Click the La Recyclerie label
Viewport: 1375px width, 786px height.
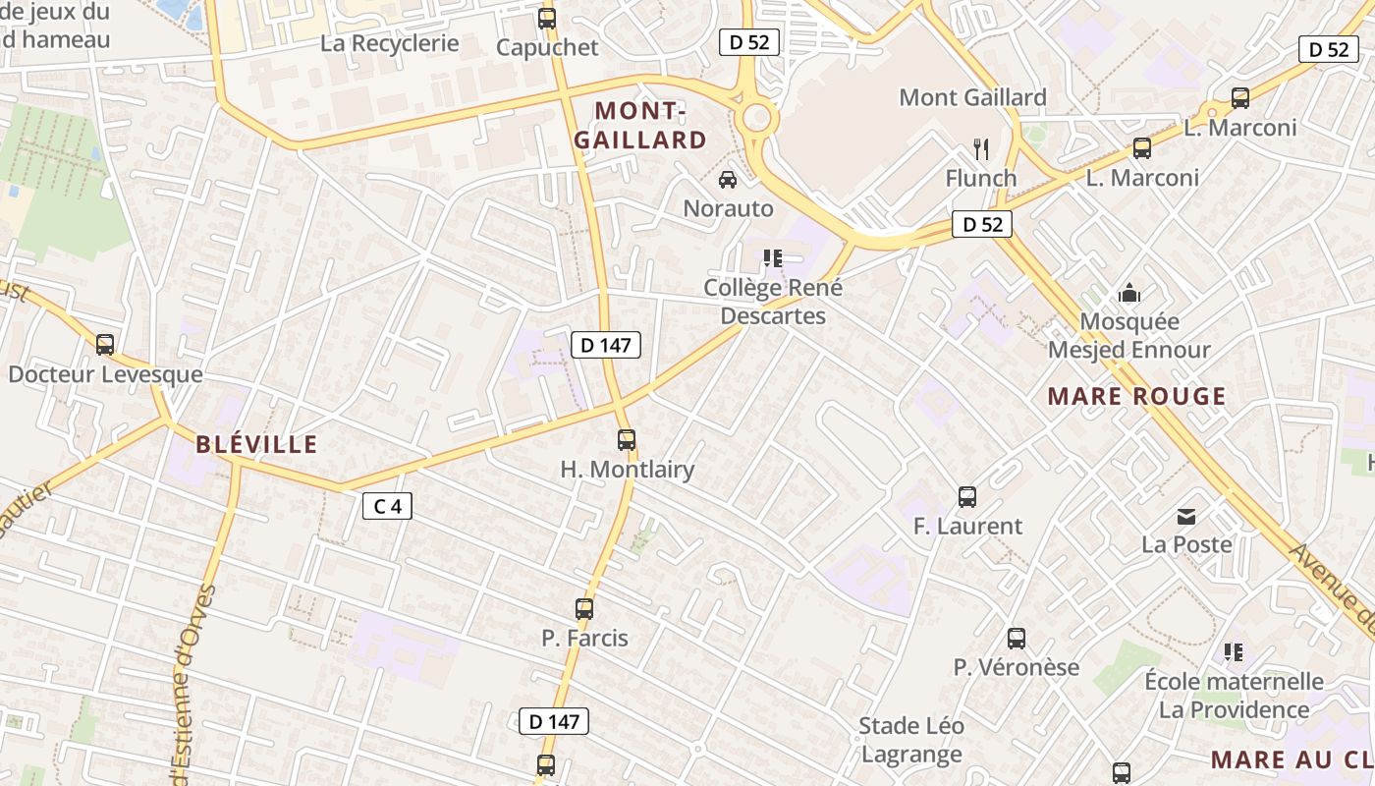[x=390, y=43]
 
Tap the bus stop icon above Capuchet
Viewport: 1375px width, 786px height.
[x=547, y=19]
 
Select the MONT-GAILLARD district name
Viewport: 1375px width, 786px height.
[x=639, y=125]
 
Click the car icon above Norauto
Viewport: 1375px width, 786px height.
[x=728, y=180]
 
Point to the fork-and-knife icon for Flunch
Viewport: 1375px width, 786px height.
[x=980, y=149]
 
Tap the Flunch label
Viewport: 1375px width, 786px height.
[x=980, y=178]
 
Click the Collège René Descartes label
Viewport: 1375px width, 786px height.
[x=773, y=302]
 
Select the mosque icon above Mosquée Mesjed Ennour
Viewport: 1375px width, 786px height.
[x=1129, y=293]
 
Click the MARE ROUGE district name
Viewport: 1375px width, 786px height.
[x=1136, y=397]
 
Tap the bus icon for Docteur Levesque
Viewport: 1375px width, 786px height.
[x=105, y=345]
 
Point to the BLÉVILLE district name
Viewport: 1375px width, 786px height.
[x=256, y=444]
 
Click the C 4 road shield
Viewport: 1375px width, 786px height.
[x=387, y=506]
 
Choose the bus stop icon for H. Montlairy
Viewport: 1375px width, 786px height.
[x=627, y=440]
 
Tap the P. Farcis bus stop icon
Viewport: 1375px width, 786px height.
[x=584, y=609]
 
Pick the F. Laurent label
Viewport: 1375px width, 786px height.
[x=967, y=526]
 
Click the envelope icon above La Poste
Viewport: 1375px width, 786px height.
[x=1186, y=516]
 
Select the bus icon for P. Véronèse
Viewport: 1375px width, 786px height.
[x=1017, y=639]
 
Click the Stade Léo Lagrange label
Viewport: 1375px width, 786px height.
[x=911, y=740]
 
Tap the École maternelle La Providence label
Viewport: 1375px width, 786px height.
[x=1234, y=695]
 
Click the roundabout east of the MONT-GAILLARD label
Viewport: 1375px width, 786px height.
[x=757, y=118]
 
